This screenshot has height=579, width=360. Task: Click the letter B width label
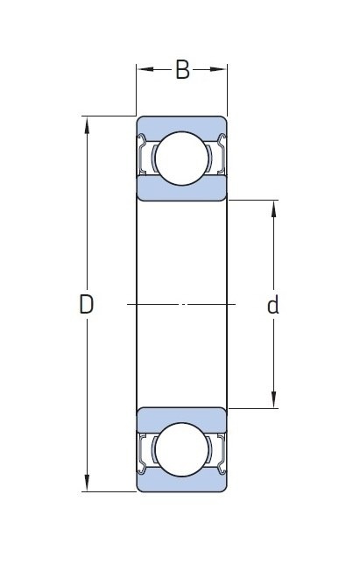pyautogui.click(x=182, y=70)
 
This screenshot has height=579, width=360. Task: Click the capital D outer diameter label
pyautogui.click(x=86, y=304)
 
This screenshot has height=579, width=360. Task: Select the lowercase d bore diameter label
pyautogui.click(x=273, y=305)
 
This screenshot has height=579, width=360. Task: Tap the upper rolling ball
pyautogui.click(x=182, y=159)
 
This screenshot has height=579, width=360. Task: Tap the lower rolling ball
pyautogui.click(x=182, y=449)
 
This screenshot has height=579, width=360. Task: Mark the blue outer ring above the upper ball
pyautogui.click(x=182, y=124)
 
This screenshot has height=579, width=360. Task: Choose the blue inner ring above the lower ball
pyautogui.click(x=182, y=416)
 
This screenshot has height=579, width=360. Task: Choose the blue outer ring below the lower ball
pyautogui.click(x=182, y=484)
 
